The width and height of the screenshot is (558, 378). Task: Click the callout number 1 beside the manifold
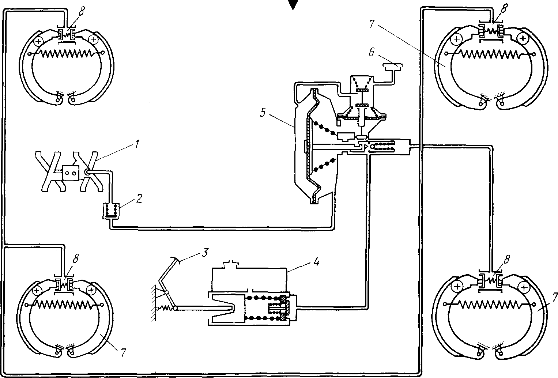(136, 144)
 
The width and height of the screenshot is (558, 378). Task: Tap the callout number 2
(139, 199)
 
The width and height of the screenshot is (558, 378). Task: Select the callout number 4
(316, 262)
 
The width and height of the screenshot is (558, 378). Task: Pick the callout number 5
(263, 113)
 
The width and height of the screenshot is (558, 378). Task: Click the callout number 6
(372, 52)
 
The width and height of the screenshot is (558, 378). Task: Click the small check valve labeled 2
(111, 211)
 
